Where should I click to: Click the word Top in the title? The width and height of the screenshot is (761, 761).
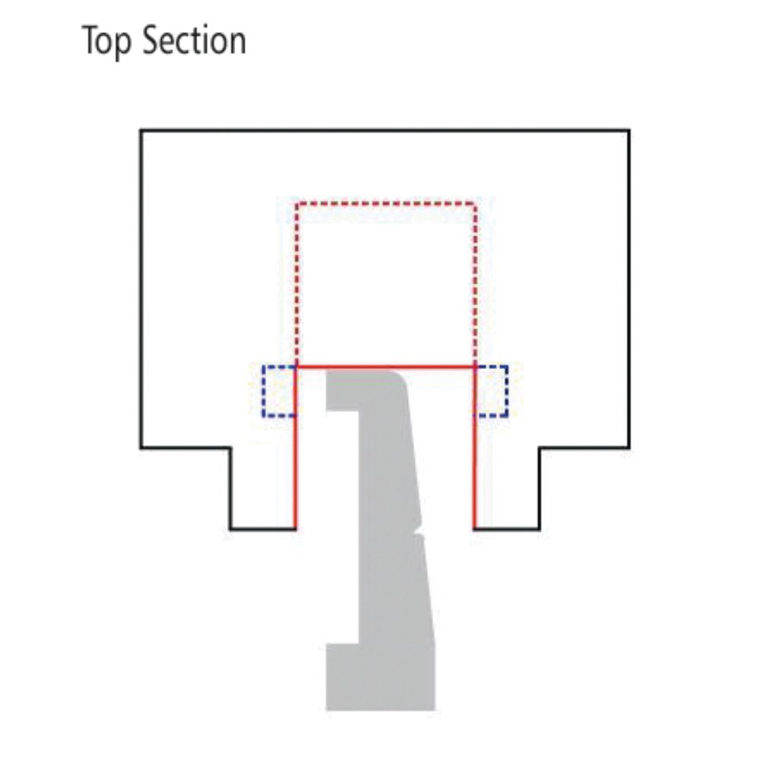click(x=107, y=42)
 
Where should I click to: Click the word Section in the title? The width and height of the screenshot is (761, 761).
click(x=194, y=40)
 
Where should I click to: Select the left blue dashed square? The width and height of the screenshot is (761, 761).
click(x=279, y=391)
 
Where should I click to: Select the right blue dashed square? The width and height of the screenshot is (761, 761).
click(x=491, y=391)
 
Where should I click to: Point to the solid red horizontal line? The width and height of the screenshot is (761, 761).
click(x=385, y=367)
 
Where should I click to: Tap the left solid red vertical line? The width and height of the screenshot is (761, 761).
click(x=295, y=447)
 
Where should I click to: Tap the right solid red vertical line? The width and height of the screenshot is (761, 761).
click(x=475, y=447)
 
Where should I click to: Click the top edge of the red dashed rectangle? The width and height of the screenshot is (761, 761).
click(x=385, y=204)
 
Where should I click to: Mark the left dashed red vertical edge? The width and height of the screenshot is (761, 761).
click(x=297, y=285)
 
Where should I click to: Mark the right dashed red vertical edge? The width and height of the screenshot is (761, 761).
click(x=475, y=285)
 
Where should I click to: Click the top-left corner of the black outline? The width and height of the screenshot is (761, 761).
click(x=141, y=130)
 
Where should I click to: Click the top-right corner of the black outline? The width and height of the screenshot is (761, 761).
click(x=629, y=130)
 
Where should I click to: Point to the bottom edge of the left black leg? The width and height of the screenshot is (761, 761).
click(x=263, y=529)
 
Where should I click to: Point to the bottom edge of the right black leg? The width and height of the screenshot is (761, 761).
click(x=507, y=529)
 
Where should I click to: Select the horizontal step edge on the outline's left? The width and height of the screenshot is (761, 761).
click(x=186, y=447)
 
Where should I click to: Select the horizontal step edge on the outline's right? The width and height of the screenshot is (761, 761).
click(x=584, y=447)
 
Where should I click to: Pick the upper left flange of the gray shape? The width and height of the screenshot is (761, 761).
click(x=342, y=390)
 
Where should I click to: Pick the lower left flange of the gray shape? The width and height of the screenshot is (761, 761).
click(x=342, y=677)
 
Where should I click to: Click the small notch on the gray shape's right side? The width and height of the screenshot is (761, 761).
click(x=419, y=530)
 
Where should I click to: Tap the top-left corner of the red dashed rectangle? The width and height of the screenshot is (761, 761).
click(x=297, y=204)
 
